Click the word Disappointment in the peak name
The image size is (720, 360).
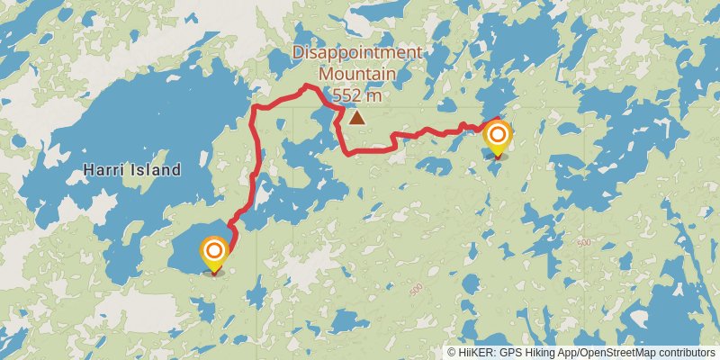(357, 52)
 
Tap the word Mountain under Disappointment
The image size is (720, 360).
(357, 73)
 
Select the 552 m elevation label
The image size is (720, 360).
(357, 94)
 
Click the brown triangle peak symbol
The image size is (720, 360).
(357, 117)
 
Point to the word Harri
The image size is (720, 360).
(104, 169)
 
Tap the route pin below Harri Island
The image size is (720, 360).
(214, 254)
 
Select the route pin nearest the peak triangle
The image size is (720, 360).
(497, 139)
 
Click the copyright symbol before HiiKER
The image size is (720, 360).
(453, 353)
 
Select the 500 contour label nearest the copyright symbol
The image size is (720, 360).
(415, 290)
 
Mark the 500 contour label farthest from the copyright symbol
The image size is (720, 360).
(585, 243)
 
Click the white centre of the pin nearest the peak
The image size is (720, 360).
(497, 135)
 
